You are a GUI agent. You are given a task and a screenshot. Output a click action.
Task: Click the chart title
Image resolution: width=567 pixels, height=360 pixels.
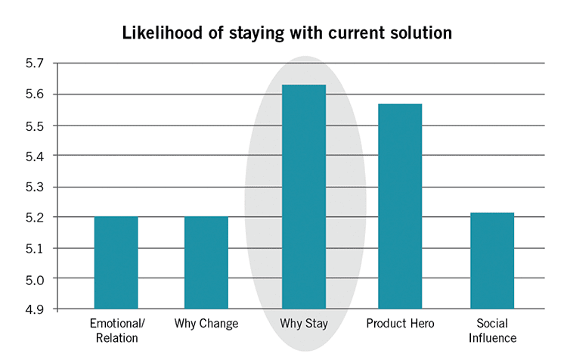(287, 33)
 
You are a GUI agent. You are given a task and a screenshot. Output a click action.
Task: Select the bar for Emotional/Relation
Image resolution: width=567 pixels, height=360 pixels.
(116, 262)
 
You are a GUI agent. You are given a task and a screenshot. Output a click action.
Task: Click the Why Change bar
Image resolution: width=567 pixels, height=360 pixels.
(206, 262)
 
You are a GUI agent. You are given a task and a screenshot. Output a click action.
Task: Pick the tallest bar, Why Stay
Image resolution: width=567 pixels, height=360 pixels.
(304, 197)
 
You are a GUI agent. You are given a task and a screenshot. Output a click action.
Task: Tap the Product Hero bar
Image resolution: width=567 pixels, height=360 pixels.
(400, 206)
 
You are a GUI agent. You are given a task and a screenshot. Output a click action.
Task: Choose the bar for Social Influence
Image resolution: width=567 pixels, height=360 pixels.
(492, 261)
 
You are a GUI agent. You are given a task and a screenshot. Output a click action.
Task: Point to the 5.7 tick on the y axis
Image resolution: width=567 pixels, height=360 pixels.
(34, 64)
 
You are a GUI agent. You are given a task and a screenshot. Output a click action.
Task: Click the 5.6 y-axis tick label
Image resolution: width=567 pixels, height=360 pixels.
(34, 95)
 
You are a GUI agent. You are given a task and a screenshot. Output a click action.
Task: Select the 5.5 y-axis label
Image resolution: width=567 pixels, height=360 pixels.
(34, 126)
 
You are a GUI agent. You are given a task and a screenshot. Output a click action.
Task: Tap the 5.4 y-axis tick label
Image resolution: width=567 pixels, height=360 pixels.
(34, 156)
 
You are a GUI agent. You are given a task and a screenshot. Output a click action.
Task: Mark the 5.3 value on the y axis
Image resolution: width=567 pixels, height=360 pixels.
(34, 188)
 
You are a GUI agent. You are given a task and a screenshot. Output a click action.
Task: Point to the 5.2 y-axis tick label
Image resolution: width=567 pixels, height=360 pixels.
(34, 218)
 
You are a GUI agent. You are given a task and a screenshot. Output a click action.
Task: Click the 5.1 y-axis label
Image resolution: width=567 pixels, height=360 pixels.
(34, 249)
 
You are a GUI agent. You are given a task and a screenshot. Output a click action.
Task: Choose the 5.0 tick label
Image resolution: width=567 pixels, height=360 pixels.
(34, 279)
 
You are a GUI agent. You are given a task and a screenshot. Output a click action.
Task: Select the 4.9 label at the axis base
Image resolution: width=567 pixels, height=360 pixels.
(34, 310)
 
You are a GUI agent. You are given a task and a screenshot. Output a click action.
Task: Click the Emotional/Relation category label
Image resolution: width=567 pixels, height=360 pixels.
(117, 331)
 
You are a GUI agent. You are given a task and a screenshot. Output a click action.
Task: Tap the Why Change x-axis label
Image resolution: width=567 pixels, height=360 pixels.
(206, 323)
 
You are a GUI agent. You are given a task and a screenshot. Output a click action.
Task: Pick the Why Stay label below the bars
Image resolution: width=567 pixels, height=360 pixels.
(304, 324)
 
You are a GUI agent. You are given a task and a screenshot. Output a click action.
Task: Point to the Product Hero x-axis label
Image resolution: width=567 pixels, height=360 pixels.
(400, 323)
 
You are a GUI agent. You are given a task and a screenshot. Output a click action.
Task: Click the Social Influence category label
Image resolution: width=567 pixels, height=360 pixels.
(492, 331)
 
